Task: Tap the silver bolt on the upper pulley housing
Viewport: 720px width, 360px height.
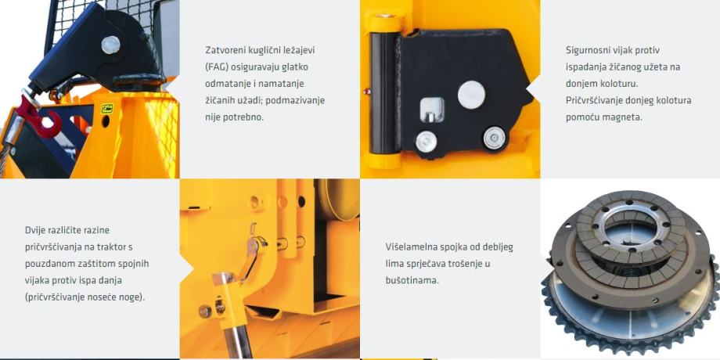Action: coord(110,45)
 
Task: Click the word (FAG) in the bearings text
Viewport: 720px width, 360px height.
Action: coord(216,67)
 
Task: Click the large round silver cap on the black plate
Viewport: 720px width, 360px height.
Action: coord(471,95)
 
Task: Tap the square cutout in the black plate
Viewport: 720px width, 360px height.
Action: coord(432,110)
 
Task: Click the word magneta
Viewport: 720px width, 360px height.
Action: coord(625,117)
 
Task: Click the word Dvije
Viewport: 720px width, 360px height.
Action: coord(35,229)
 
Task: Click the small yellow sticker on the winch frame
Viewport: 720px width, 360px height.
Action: coord(107,109)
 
